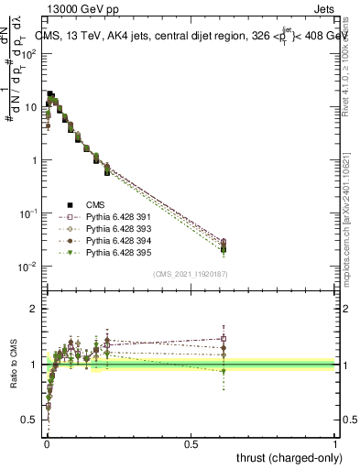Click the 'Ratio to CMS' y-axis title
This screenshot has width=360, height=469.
pos(13,365)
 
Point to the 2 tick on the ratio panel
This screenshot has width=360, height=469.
pos(34,309)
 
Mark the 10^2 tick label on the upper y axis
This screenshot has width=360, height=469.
pos(28,53)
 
